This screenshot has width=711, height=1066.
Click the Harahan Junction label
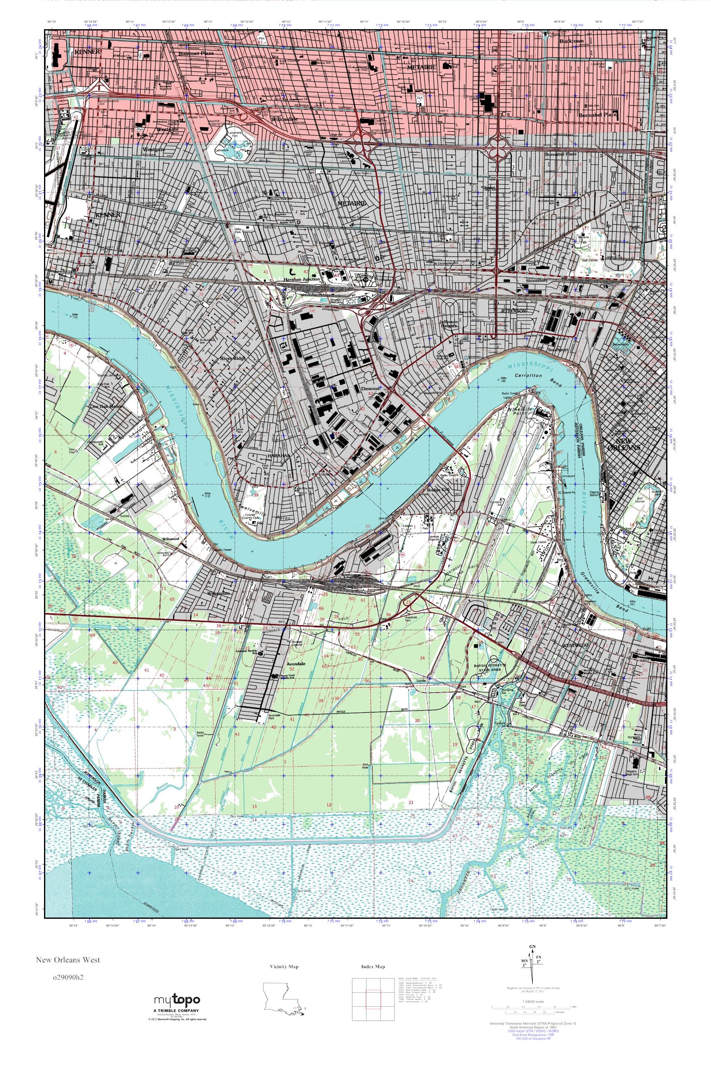tap(302, 279)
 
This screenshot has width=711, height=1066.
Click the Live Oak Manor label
tap(106, 407)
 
